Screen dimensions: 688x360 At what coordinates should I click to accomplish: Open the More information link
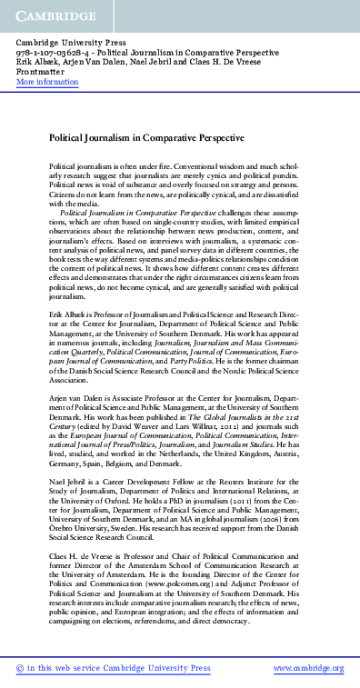click(47, 82)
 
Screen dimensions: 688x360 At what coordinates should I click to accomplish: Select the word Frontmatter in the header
click(42, 73)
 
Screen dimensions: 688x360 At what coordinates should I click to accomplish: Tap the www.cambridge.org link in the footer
click(308, 668)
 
